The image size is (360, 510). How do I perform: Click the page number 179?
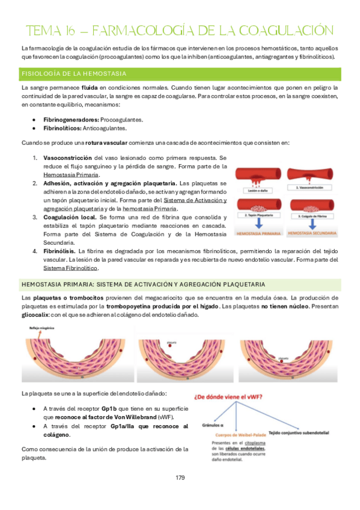coord(180,478)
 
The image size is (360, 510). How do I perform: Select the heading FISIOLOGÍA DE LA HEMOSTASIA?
coord(73,74)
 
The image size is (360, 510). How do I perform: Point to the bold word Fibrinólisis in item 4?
coord(62,250)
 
